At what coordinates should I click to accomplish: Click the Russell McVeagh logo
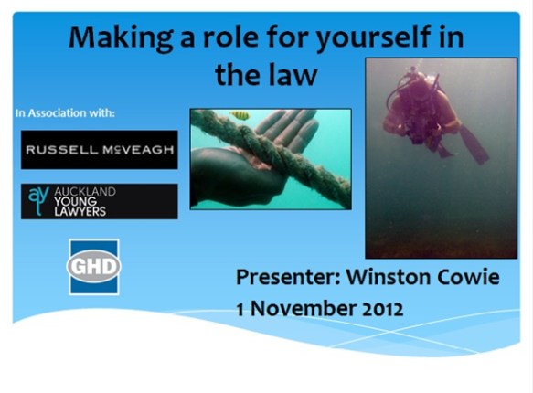(x=100, y=150)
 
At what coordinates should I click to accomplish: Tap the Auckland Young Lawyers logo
(x=100, y=201)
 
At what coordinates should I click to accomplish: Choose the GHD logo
(x=94, y=266)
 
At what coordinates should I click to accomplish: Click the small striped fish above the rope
(x=240, y=116)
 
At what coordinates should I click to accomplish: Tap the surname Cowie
(x=466, y=277)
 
